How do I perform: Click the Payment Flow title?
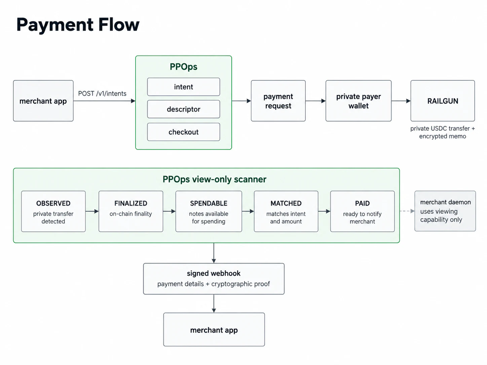(78, 25)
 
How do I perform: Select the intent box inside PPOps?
(184, 87)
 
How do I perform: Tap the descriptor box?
(184, 109)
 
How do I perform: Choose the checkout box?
(184, 132)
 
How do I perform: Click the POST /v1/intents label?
(102, 93)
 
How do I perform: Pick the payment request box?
(278, 101)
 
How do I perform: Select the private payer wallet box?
(359, 101)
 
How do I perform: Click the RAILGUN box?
(443, 101)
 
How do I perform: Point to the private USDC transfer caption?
(443, 132)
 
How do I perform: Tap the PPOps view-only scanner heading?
(214, 179)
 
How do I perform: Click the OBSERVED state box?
(53, 211)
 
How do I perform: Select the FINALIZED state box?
(131, 211)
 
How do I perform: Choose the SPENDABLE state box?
(209, 211)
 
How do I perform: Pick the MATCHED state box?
(286, 211)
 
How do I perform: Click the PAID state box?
(362, 211)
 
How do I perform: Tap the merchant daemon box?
(445, 211)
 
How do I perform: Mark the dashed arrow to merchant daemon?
(407, 211)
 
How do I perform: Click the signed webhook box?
(214, 279)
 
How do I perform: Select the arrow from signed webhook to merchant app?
(214, 303)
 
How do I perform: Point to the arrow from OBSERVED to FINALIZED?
(92, 211)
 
